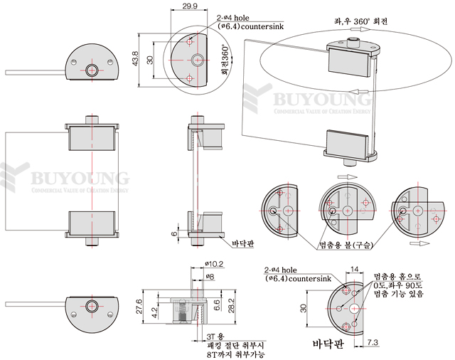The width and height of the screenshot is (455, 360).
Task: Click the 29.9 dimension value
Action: (190, 6)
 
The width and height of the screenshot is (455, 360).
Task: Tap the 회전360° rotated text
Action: (225, 60)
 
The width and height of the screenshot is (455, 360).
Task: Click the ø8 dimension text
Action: (210, 275)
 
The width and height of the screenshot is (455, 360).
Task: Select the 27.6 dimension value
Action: (139, 306)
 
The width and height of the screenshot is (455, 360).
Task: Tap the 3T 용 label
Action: (215, 335)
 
